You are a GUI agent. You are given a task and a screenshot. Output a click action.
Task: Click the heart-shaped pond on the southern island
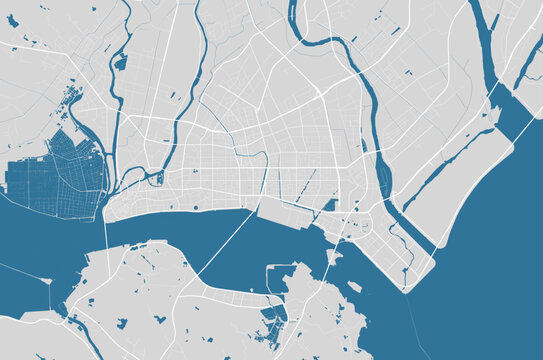(x=160, y=320)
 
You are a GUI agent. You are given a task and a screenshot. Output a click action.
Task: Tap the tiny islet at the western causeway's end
(x=50, y=281)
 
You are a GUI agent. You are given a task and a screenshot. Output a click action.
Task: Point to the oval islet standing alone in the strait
(x=355, y=287)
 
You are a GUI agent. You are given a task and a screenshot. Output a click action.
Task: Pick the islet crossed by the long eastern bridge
(x=333, y=257)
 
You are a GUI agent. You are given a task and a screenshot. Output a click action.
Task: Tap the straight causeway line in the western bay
(x=25, y=271)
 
